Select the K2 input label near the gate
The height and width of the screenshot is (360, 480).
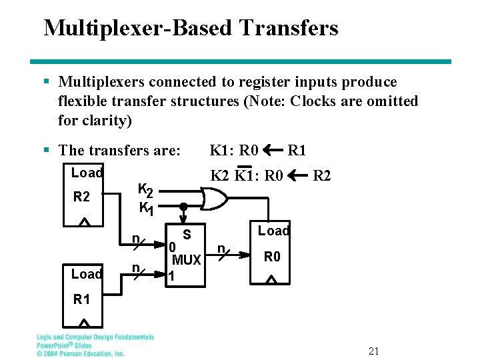coord(145,191)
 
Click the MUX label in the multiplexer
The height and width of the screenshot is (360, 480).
coord(187,260)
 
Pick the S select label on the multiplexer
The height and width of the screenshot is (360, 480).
coord(187,235)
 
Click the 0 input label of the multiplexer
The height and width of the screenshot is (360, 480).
coord(172,248)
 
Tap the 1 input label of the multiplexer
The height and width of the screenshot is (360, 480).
coord(172,275)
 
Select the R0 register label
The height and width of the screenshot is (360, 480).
coord(272,257)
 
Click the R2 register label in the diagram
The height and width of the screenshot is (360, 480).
coord(81,197)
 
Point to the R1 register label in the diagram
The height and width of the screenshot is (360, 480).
coord(81,300)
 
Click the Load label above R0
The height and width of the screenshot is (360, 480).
coord(273,231)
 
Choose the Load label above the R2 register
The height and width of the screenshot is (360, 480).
coord(87,173)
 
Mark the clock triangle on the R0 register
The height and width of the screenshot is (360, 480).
coord(270,280)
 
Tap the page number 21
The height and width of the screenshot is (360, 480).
coord(373,351)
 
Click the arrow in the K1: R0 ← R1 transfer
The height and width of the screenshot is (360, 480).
coord(273,150)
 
